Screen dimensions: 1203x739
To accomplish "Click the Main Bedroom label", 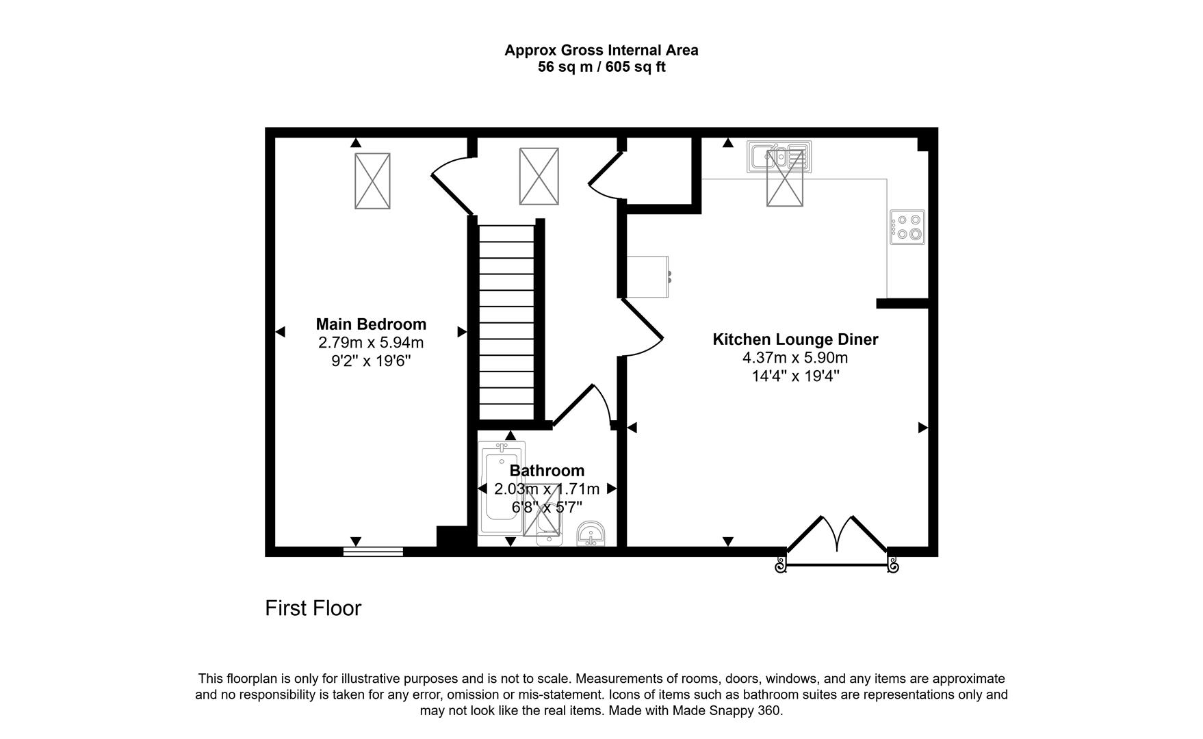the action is pyautogui.click(x=371, y=324).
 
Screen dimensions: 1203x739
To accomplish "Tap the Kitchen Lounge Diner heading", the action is pyautogui.click(x=795, y=339).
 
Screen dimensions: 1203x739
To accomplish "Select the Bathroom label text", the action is pyautogui.click(x=547, y=471).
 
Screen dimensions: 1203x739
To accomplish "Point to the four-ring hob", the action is pyautogui.click(x=907, y=227).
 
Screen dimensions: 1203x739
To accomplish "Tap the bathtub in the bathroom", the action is pyautogui.click(x=502, y=489).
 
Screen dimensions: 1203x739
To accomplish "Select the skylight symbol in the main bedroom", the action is pyautogui.click(x=372, y=181).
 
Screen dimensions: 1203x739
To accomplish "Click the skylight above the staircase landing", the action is pyautogui.click(x=539, y=177).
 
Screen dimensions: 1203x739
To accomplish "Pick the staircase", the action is pyautogui.click(x=506, y=322).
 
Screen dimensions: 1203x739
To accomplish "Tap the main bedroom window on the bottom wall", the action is pyautogui.click(x=373, y=552).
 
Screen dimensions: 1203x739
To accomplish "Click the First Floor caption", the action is pyautogui.click(x=313, y=608).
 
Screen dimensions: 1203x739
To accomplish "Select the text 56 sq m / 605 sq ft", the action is pyautogui.click(x=601, y=67).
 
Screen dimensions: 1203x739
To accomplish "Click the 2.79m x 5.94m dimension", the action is pyautogui.click(x=371, y=342).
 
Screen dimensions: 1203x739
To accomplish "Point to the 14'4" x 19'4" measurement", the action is pyautogui.click(x=795, y=376).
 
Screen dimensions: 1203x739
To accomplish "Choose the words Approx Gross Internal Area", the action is pyautogui.click(x=601, y=50).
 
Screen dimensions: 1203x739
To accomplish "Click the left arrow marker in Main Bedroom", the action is pyautogui.click(x=279, y=332).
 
